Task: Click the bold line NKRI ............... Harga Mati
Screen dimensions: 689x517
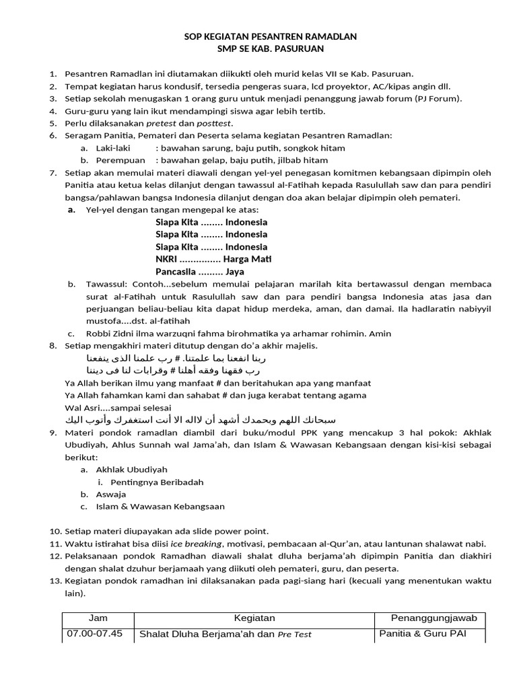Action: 213,259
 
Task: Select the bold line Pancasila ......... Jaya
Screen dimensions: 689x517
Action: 199,272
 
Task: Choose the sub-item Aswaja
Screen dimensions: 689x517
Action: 112,494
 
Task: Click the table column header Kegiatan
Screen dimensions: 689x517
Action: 254,618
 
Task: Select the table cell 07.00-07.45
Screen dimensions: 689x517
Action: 94,633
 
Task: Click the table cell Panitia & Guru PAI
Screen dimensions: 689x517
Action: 422,633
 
